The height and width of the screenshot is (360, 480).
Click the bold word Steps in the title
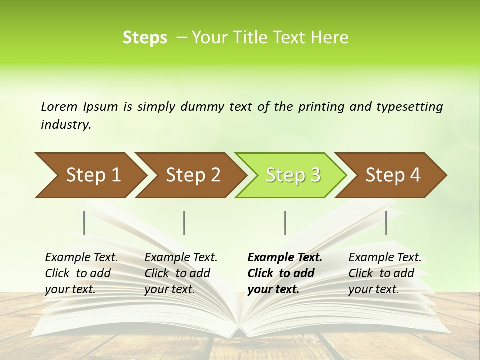tap(145, 38)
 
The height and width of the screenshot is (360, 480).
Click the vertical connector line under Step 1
tap(84, 223)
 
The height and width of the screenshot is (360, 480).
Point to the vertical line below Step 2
tap(184, 223)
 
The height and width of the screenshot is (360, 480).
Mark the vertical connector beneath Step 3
tap(285, 223)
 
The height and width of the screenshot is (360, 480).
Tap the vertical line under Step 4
tap(386, 223)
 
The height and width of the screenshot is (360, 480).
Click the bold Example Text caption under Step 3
tap(285, 273)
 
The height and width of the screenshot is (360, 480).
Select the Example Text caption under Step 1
tap(81, 273)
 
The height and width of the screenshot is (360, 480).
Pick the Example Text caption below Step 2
tap(181, 273)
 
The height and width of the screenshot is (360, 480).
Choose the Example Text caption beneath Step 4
tap(385, 273)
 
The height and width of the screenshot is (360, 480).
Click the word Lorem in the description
tap(59, 107)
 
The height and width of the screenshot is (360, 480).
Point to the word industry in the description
tap(66, 125)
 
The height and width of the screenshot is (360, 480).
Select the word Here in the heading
tap(332, 38)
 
